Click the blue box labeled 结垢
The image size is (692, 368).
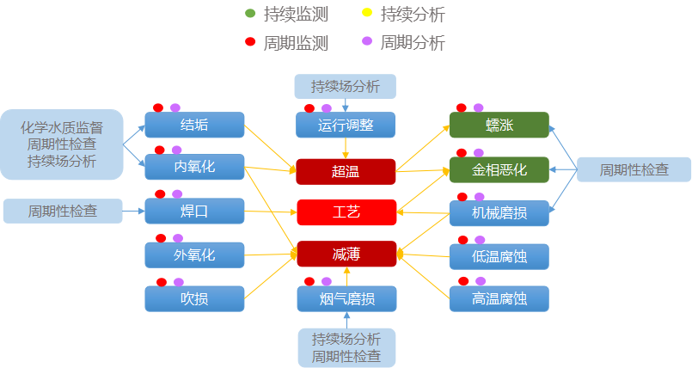[x=194, y=125]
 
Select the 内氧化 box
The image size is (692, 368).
[x=194, y=166]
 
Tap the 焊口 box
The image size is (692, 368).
[x=194, y=211]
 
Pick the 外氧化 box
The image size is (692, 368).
[x=194, y=255]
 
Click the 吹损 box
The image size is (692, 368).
[x=194, y=298]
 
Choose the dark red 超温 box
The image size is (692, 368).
[x=346, y=171]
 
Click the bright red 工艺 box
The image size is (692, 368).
[x=346, y=212]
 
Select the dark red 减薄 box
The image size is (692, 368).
[x=346, y=254]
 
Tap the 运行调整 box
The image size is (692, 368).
[x=346, y=125]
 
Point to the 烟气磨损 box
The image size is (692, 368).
[x=346, y=298]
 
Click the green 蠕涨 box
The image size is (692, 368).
[x=499, y=125]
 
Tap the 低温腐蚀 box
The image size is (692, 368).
[x=499, y=255]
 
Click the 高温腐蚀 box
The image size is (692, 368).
[x=499, y=298]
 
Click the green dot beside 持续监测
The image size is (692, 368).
[x=250, y=14]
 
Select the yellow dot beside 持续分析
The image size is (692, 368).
[x=367, y=14]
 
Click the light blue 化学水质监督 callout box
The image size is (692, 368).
[x=62, y=144]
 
